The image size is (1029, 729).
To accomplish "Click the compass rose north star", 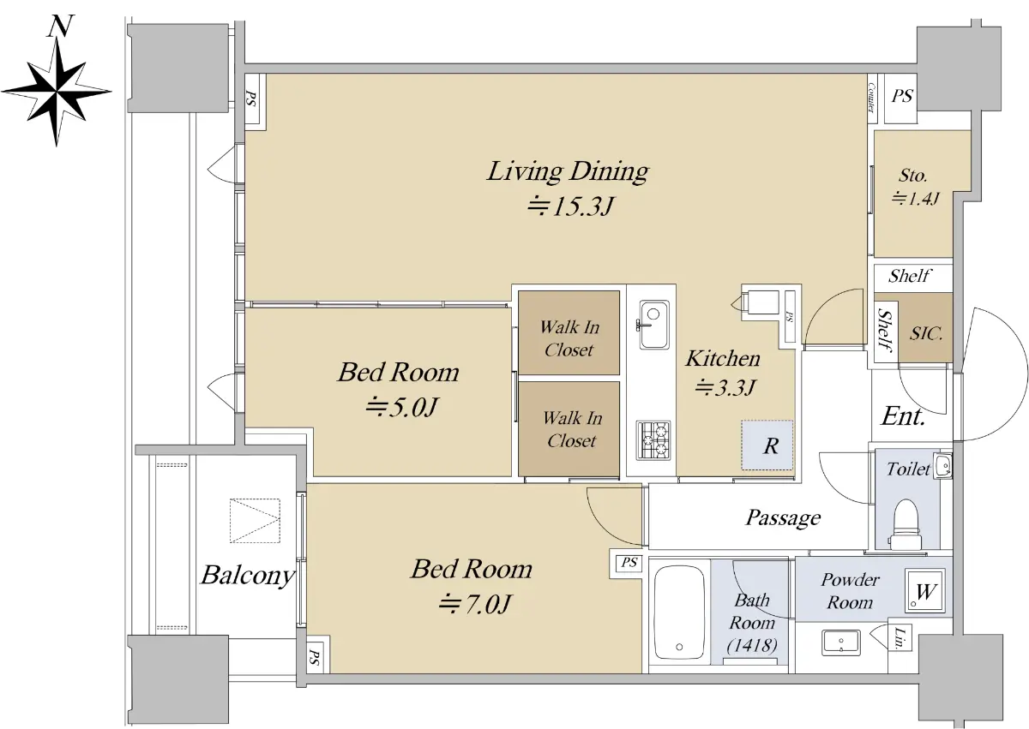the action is [57, 92].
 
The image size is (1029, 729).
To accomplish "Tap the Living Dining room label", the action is [568, 172].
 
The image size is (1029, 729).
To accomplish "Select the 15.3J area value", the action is [569, 206].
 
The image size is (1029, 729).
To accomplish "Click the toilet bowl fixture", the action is [906, 524].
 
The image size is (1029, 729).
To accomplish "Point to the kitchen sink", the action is [653, 325].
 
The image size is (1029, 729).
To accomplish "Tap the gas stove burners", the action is [653, 440].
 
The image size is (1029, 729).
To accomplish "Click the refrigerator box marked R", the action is [767, 445].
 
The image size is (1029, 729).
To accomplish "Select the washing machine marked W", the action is [925, 591].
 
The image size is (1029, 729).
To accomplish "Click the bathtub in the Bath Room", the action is [679, 612].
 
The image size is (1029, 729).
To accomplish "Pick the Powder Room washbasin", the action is [840, 642].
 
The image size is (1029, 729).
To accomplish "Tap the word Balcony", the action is [248, 576].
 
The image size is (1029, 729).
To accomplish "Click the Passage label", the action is [783, 518].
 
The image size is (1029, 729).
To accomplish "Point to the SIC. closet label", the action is [926, 333].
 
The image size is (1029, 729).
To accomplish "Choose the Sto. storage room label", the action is [912, 176].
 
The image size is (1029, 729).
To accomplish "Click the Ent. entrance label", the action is [903, 416].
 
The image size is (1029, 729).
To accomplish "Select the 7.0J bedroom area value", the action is [473, 604].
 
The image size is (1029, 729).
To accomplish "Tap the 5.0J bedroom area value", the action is [401, 407].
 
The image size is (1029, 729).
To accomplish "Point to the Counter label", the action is [871, 98].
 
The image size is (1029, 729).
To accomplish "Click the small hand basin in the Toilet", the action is [944, 466].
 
